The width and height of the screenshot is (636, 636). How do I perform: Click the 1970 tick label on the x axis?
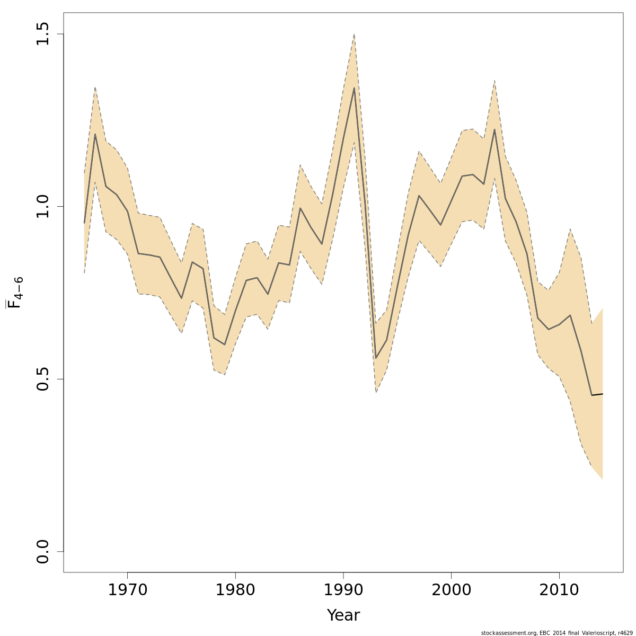pyautogui.click(x=127, y=590)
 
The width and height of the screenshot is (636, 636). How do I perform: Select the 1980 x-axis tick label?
pyautogui.click(x=235, y=590)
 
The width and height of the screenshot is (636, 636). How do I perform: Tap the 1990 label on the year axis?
pyautogui.click(x=343, y=590)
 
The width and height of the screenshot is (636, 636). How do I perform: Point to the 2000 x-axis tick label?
pyautogui.click(x=451, y=590)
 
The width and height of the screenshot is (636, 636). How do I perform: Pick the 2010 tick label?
pyautogui.click(x=559, y=590)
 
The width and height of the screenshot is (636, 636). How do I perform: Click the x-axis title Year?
pyautogui.click(x=343, y=615)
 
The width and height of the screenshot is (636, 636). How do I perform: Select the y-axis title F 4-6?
pyautogui.click(x=14, y=296)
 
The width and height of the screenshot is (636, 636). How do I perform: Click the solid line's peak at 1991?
pyautogui.click(x=354, y=88)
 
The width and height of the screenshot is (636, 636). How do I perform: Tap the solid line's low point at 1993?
pyautogui.click(x=376, y=358)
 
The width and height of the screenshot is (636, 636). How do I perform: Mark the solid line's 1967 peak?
pyautogui.click(x=95, y=134)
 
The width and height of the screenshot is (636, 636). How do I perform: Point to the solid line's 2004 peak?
pyautogui.click(x=494, y=129)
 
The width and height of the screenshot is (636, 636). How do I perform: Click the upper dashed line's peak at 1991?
pyautogui.click(x=354, y=34)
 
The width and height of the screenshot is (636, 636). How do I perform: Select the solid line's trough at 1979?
pyautogui.click(x=225, y=344)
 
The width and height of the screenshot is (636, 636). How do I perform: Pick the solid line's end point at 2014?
pyautogui.click(x=603, y=394)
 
